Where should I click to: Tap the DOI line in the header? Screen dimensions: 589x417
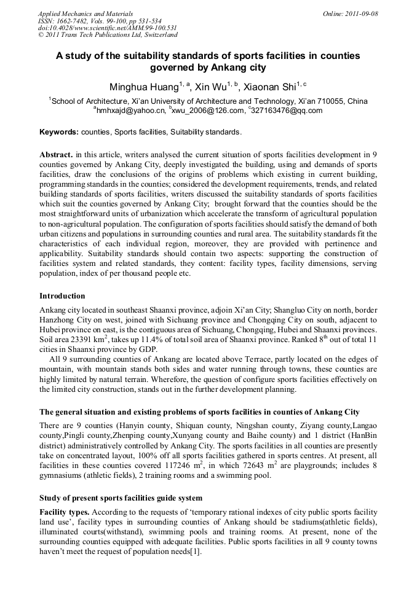(x=107, y=28)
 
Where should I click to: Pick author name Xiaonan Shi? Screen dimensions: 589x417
(x=268, y=87)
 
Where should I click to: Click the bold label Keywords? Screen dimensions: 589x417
(x=59, y=132)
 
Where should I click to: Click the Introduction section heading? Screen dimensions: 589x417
(x=62, y=296)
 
